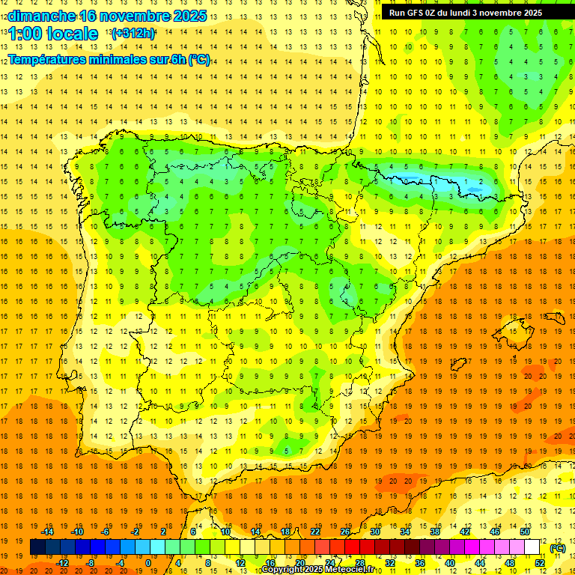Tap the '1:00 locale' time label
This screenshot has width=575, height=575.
[53, 34]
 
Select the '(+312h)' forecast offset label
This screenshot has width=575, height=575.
[133, 33]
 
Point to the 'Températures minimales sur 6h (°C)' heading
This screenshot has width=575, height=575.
[109, 59]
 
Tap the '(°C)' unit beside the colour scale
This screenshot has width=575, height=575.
[557, 548]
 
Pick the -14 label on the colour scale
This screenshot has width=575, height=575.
[49, 532]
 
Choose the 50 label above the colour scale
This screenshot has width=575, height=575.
[525, 532]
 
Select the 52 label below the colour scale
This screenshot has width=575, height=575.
[540, 563]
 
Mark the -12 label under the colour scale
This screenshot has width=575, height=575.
[63, 563]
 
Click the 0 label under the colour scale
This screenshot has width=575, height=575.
[148, 563]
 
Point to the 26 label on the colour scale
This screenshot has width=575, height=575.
[345, 532]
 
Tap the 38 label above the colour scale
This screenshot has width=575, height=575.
[435, 532]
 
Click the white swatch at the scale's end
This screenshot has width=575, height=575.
[532, 547]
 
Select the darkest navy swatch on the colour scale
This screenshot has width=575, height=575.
[37, 547]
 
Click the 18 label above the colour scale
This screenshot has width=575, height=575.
[285, 532]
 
